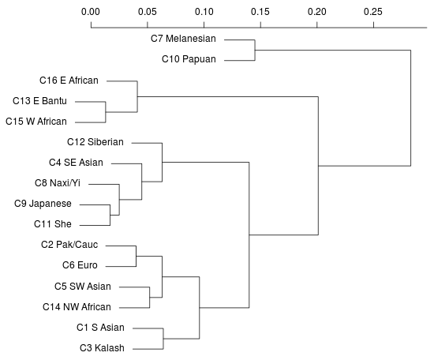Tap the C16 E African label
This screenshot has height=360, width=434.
(x=69, y=80)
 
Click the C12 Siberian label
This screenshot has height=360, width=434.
(x=95, y=142)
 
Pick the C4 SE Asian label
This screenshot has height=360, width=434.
(x=76, y=163)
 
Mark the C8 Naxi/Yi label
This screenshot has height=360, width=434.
(x=58, y=183)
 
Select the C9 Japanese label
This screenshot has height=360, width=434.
(x=44, y=204)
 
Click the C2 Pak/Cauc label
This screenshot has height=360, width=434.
(x=69, y=245)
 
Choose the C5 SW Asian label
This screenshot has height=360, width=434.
(x=83, y=286)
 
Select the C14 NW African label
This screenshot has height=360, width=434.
(x=77, y=306)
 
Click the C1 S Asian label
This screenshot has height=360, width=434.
(x=100, y=327)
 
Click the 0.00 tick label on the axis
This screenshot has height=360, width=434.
(x=91, y=13)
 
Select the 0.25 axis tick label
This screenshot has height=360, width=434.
(x=372, y=13)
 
